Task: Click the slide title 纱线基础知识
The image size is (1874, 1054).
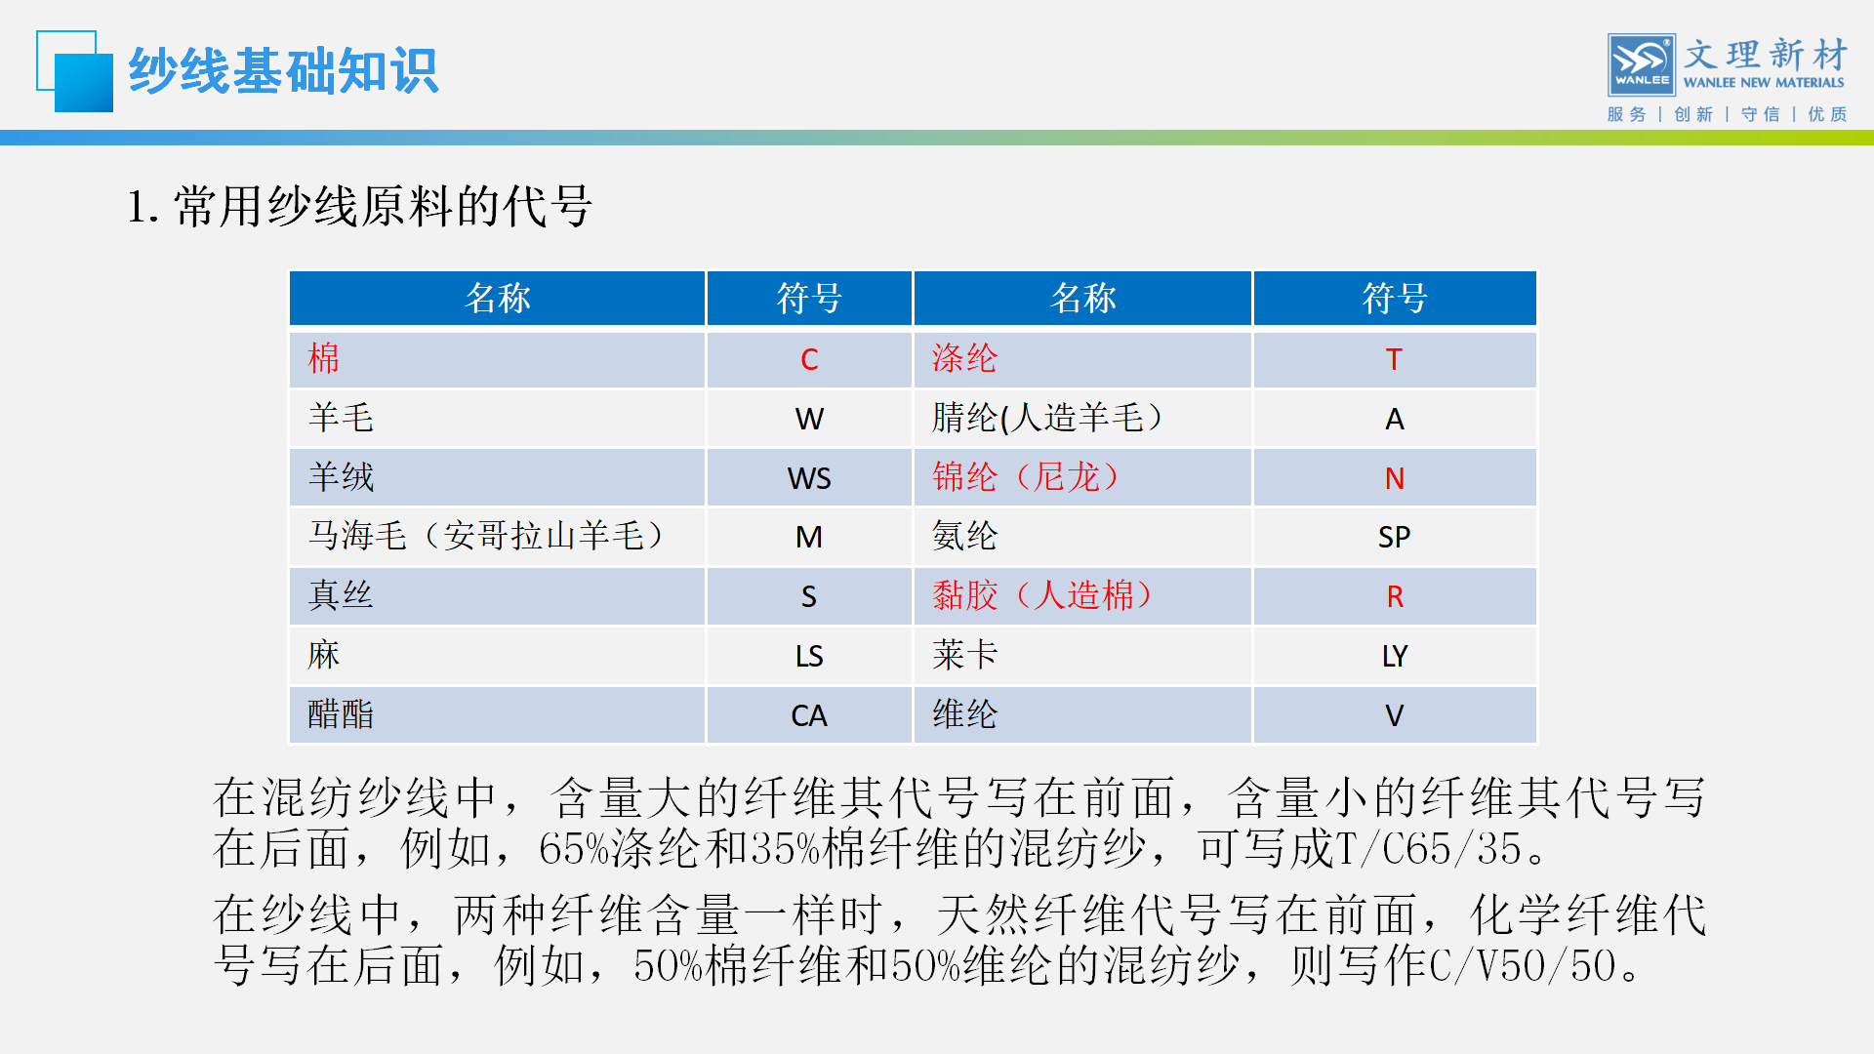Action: (283, 71)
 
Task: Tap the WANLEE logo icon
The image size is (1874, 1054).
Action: (1642, 64)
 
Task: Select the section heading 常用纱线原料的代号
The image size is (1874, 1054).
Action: (383, 206)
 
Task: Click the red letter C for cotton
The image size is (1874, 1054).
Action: (809, 359)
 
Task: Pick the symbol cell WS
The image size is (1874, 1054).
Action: (809, 478)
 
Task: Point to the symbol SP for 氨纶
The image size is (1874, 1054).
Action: (1394, 537)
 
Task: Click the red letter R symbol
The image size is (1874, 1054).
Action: (1395, 596)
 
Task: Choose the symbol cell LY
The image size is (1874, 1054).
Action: (1395, 656)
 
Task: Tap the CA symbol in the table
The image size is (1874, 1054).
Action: (809, 715)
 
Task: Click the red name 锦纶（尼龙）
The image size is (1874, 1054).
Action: (1026, 476)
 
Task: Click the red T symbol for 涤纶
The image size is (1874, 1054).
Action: (1394, 359)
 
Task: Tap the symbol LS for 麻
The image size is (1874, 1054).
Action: (809, 656)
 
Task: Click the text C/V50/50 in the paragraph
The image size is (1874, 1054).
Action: (1524, 965)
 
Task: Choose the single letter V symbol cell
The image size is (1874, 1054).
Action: (1395, 715)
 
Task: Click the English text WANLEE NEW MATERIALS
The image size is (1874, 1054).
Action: (1764, 83)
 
